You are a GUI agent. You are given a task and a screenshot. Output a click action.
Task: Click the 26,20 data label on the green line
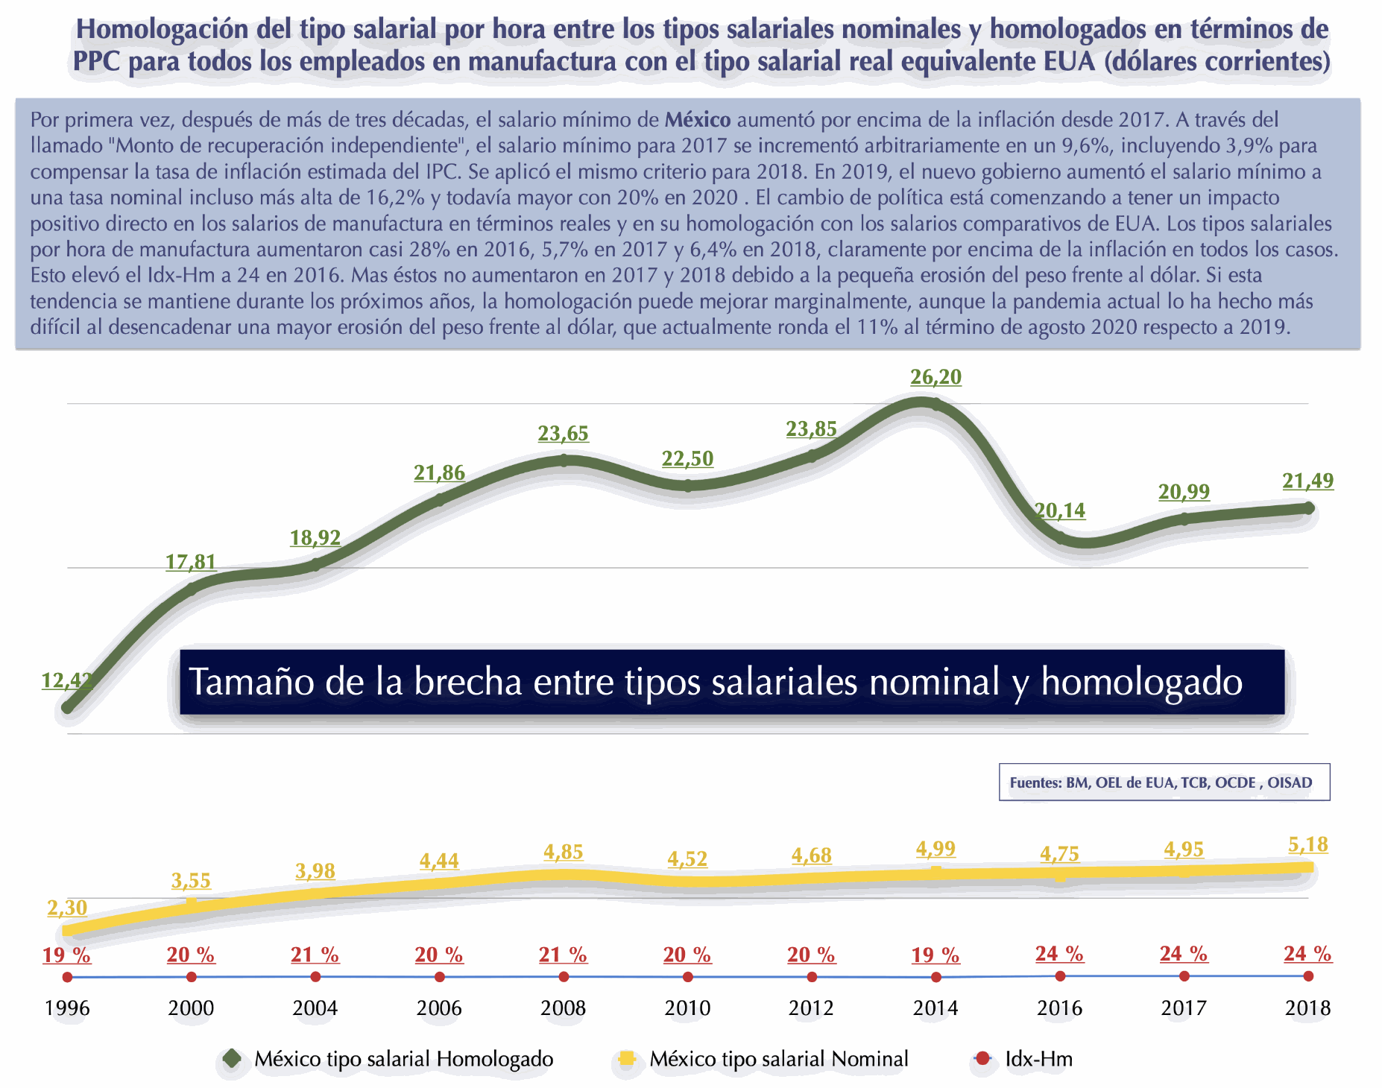pos(935,377)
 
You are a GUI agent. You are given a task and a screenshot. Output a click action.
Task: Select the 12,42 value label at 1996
pos(67,680)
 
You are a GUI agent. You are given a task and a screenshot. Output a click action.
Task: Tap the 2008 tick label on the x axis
pos(563,1008)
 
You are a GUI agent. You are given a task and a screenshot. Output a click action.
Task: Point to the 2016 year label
pos(1059,1008)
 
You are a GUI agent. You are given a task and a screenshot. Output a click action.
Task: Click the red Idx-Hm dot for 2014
pos(936,977)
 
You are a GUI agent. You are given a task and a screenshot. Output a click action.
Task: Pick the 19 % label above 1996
pos(66,955)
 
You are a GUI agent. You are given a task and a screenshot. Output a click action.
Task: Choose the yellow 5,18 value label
pos(1307,844)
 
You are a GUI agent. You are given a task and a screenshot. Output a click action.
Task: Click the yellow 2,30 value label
pos(67,908)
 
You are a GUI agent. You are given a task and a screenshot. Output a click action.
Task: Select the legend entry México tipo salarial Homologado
pos(403,1059)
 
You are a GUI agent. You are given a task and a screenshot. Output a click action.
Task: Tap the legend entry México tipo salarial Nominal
pos(778,1059)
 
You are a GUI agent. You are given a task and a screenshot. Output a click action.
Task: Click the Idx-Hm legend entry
pos(1038,1059)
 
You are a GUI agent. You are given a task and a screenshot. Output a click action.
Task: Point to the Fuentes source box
pos(1164,782)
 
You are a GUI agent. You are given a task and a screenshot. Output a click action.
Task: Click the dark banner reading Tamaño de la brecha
pos(731,682)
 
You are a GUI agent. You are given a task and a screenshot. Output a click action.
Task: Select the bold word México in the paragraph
pos(697,120)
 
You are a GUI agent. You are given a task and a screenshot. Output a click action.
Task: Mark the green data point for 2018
pos(1308,508)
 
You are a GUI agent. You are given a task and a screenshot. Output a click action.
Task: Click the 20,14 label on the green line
pos(1060,510)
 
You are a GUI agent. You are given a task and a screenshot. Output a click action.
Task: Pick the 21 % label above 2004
pos(315,955)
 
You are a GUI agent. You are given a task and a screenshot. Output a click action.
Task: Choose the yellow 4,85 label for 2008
pos(563,852)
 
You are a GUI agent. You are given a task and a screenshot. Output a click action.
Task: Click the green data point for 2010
pos(688,486)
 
